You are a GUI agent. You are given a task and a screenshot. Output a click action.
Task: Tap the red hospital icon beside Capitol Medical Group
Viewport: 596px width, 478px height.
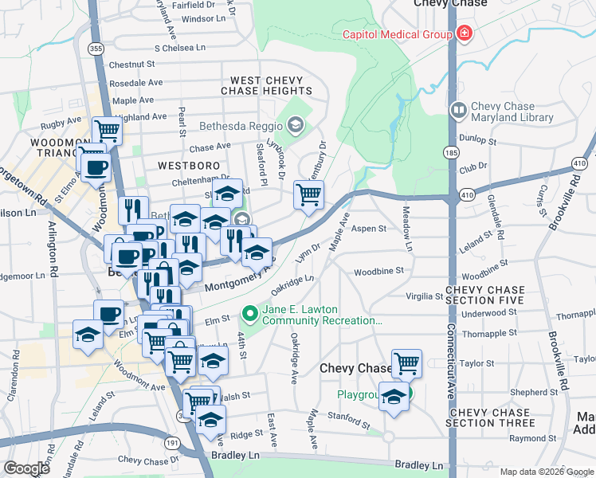pyautogui.click(x=463, y=34)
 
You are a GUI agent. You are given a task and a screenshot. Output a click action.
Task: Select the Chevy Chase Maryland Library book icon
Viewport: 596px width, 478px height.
pyautogui.click(x=458, y=110)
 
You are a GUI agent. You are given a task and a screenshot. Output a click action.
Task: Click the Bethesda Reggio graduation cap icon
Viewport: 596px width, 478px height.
pyautogui.click(x=296, y=124)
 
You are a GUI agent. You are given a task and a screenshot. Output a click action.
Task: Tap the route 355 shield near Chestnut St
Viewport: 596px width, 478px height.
pyautogui.click(x=96, y=49)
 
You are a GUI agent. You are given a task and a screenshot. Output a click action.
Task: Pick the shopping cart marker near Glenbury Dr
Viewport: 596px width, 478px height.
pyautogui.click(x=308, y=194)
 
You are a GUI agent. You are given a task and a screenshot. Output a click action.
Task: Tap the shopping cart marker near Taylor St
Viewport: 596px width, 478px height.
pyautogui.click(x=406, y=363)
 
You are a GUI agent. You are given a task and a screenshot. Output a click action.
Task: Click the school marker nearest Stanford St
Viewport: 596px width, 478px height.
pyautogui.click(x=394, y=396)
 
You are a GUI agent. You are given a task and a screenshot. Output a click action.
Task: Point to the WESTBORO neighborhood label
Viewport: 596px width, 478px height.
pyautogui.click(x=188, y=166)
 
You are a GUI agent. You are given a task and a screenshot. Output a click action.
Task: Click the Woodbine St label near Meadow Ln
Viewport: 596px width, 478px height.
pyautogui.click(x=379, y=271)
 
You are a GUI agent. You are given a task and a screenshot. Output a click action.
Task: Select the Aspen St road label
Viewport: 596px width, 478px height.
pyautogui.click(x=369, y=229)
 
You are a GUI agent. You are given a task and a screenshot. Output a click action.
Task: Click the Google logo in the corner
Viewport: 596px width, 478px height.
pyautogui.click(x=26, y=468)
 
